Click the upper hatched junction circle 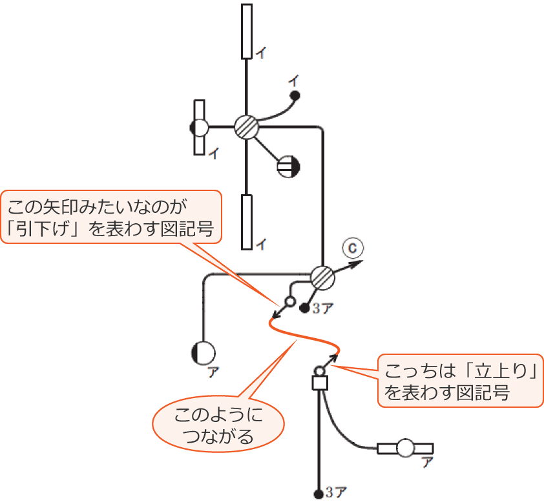click(246, 127)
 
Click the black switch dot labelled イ click(295, 96)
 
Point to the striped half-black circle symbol click(287, 166)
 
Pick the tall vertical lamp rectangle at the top click(246, 32)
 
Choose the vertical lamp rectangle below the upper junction click(246, 221)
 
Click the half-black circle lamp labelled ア click(204, 353)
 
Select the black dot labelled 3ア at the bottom click(319, 494)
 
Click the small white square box click(320, 383)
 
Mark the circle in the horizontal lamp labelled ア click(405, 448)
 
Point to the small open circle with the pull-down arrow click(290, 301)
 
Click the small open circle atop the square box click(319, 372)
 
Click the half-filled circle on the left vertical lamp click(200, 127)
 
